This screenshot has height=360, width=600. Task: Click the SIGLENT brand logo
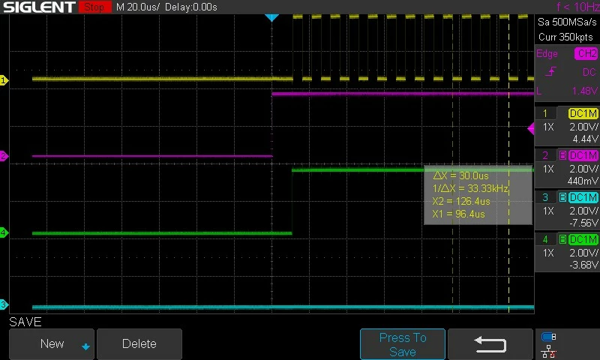(40, 7)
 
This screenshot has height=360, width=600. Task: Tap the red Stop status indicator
(94, 7)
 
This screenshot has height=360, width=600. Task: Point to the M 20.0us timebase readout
(138, 7)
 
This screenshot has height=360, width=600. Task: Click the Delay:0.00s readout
(191, 7)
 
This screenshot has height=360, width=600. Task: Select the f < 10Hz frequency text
(577, 7)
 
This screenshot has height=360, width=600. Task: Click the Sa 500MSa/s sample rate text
(567, 22)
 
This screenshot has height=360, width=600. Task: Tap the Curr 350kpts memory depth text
(565, 37)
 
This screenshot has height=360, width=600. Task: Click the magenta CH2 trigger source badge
(586, 53)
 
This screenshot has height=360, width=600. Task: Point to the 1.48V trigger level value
(584, 91)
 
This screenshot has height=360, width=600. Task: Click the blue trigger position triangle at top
(271, 17)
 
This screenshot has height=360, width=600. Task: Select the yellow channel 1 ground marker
(4, 80)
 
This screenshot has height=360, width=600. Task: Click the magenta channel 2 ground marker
(4, 156)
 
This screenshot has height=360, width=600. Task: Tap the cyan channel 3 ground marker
(4, 305)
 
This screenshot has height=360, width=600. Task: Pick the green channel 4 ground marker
(4, 232)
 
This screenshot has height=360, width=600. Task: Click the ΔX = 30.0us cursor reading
(460, 176)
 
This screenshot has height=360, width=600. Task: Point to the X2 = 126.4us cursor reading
(461, 201)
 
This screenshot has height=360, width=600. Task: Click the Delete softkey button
(139, 344)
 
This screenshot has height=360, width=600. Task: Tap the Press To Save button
(403, 344)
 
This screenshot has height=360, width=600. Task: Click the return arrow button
(490, 344)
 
